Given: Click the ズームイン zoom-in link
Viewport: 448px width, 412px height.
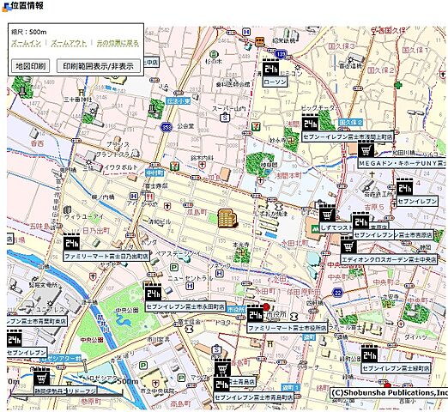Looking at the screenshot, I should [26, 42].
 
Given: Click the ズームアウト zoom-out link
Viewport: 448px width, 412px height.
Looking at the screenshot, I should [68, 42].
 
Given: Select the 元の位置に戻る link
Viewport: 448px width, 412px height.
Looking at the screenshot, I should [117, 42].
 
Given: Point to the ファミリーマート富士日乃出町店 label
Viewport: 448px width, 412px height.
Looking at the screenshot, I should [106, 256].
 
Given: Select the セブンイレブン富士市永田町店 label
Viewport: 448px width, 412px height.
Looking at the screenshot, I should [185, 306].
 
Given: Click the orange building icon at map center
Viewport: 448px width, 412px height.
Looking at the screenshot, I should [227, 218].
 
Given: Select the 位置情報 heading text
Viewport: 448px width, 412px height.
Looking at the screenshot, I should [27, 6].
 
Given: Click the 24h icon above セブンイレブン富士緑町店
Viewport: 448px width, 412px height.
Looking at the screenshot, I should [368, 352].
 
